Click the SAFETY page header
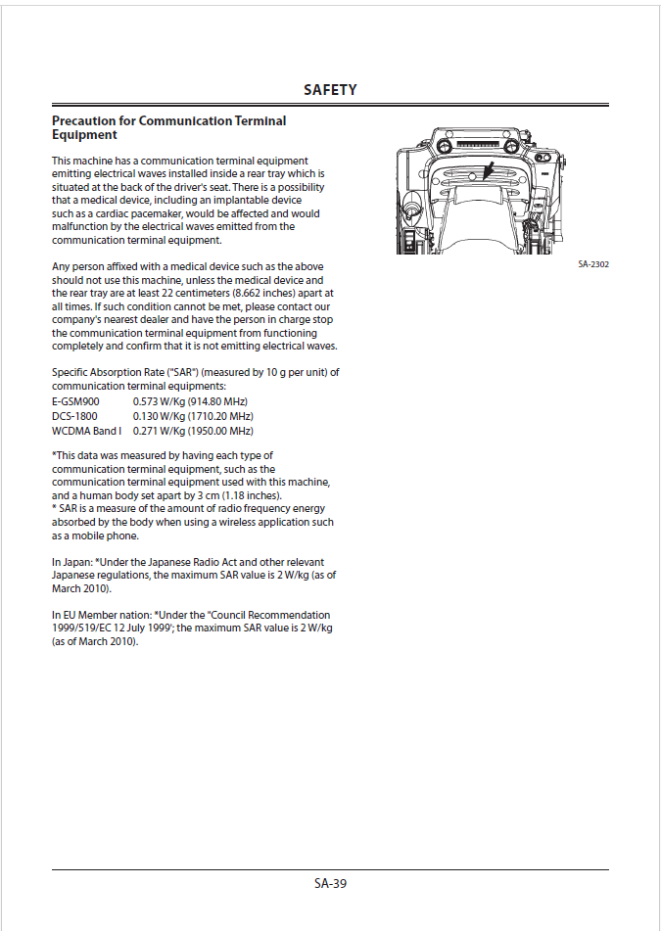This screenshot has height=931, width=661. (330, 90)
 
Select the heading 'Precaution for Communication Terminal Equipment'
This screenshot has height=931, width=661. (168, 127)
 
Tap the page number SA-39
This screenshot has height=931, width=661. (330, 883)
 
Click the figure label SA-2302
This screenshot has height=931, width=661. (593, 264)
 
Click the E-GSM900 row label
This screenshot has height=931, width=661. (75, 401)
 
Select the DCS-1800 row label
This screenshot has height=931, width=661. (74, 416)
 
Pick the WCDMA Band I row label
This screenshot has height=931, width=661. (86, 431)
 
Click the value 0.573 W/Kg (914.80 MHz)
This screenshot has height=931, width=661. (190, 401)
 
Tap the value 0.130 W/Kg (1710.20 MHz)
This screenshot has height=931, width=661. (193, 416)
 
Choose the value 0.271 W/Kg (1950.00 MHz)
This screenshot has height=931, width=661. (193, 431)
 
